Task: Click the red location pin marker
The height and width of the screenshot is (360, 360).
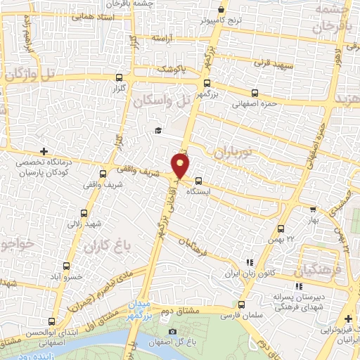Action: click(181, 165)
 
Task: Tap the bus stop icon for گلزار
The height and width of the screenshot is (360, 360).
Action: click(119, 78)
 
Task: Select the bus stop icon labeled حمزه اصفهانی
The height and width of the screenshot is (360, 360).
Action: click(255, 93)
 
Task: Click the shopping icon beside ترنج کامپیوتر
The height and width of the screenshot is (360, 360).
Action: click(222, 10)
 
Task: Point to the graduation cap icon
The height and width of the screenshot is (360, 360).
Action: click(159, 130)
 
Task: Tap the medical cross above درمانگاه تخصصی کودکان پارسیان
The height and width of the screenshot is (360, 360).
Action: click(44, 150)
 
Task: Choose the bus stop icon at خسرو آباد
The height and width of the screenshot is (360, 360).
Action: click(66, 266)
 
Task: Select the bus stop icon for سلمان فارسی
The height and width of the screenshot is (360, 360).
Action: click(242, 305)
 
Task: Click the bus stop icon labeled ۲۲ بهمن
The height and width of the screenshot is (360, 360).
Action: click(281, 229)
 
